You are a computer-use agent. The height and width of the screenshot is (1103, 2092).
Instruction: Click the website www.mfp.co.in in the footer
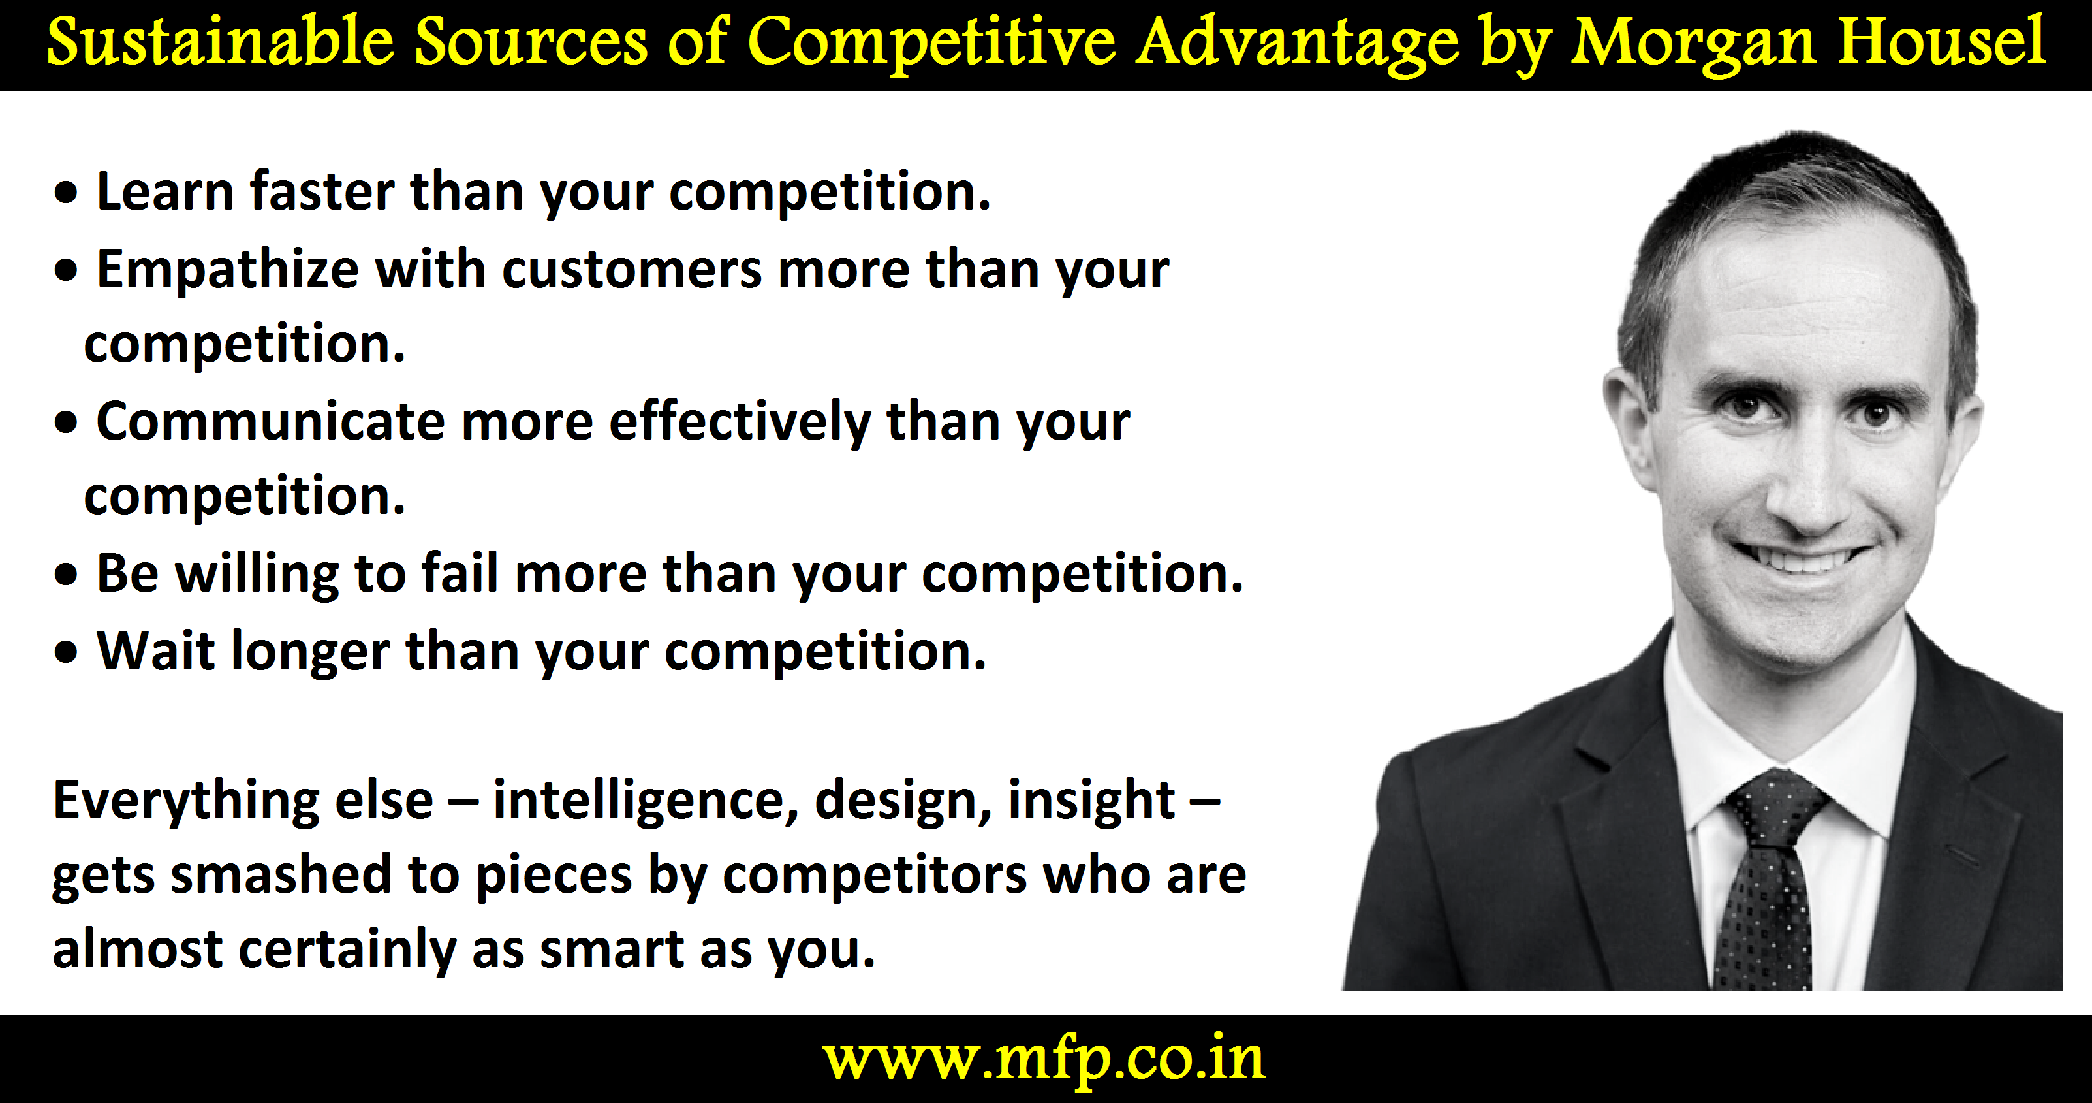(1044, 1060)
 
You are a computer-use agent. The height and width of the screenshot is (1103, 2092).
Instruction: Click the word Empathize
(227, 270)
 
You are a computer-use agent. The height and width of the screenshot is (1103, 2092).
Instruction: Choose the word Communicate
(270, 422)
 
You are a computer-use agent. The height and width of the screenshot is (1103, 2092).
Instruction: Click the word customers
(631, 270)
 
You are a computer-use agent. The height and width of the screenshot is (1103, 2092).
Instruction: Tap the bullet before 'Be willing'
(67, 575)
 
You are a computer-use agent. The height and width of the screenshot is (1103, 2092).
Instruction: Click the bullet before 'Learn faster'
(67, 194)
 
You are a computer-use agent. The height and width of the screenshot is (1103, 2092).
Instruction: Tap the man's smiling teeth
(1800, 560)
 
